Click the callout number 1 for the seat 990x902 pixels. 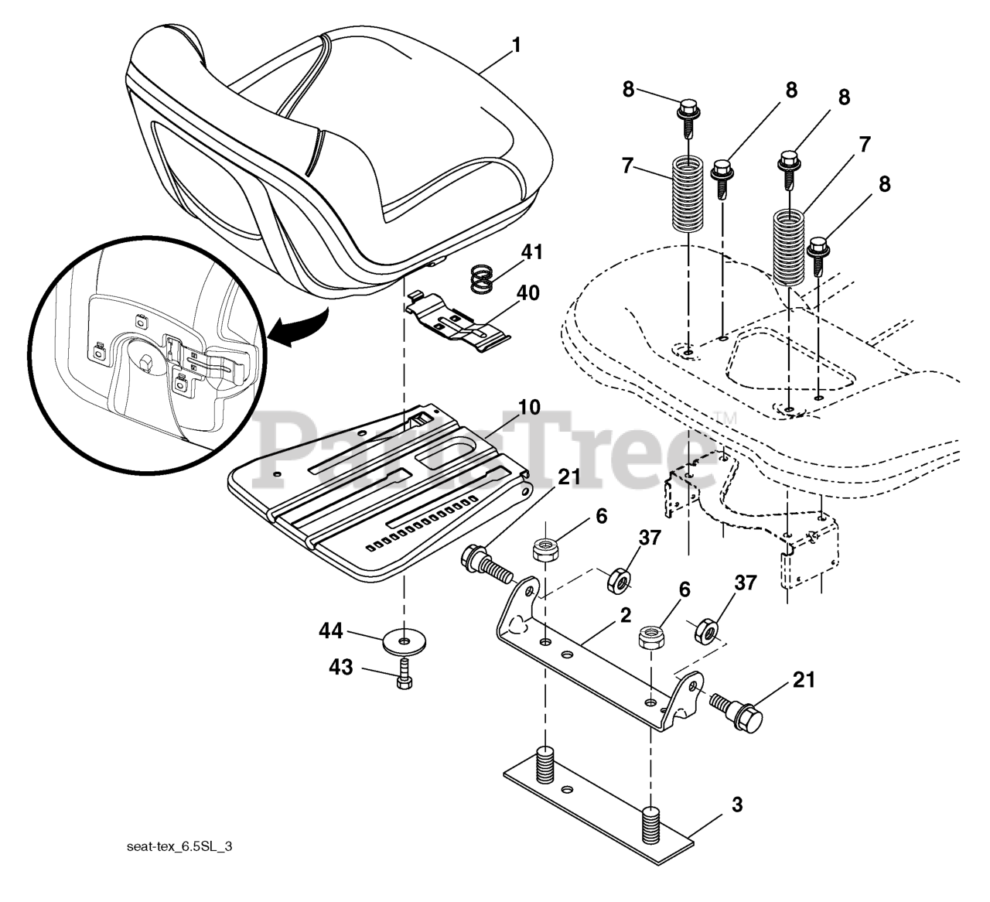click(516, 45)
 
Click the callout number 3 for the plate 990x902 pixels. click(736, 806)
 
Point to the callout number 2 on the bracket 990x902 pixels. click(625, 616)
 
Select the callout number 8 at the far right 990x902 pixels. click(884, 185)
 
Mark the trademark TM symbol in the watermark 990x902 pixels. click(726, 419)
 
